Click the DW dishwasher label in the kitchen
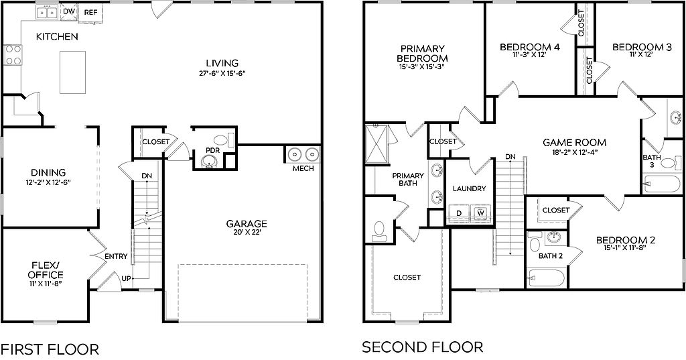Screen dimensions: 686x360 (x=69, y=11)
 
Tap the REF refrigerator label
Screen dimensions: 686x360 (x=90, y=12)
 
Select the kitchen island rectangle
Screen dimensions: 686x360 (x=72, y=72)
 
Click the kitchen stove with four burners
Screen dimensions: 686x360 (x=13, y=55)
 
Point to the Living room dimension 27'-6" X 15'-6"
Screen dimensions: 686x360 (x=222, y=74)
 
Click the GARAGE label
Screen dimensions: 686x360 (x=247, y=224)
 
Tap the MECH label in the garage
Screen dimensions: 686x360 (x=303, y=168)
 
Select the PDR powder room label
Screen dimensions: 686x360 (x=212, y=150)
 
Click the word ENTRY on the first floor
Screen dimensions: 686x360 (x=117, y=256)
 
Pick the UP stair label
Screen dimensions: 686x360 (x=127, y=278)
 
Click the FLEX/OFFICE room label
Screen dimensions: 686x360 (x=46, y=270)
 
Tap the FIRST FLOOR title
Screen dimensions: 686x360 (x=50, y=349)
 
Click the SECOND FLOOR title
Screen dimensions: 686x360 (x=423, y=347)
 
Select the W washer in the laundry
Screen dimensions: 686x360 (x=481, y=213)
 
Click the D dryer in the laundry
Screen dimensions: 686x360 (x=459, y=213)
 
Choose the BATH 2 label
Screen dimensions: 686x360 (x=551, y=256)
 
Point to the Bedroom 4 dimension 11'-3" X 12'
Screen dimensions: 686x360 (x=530, y=55)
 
